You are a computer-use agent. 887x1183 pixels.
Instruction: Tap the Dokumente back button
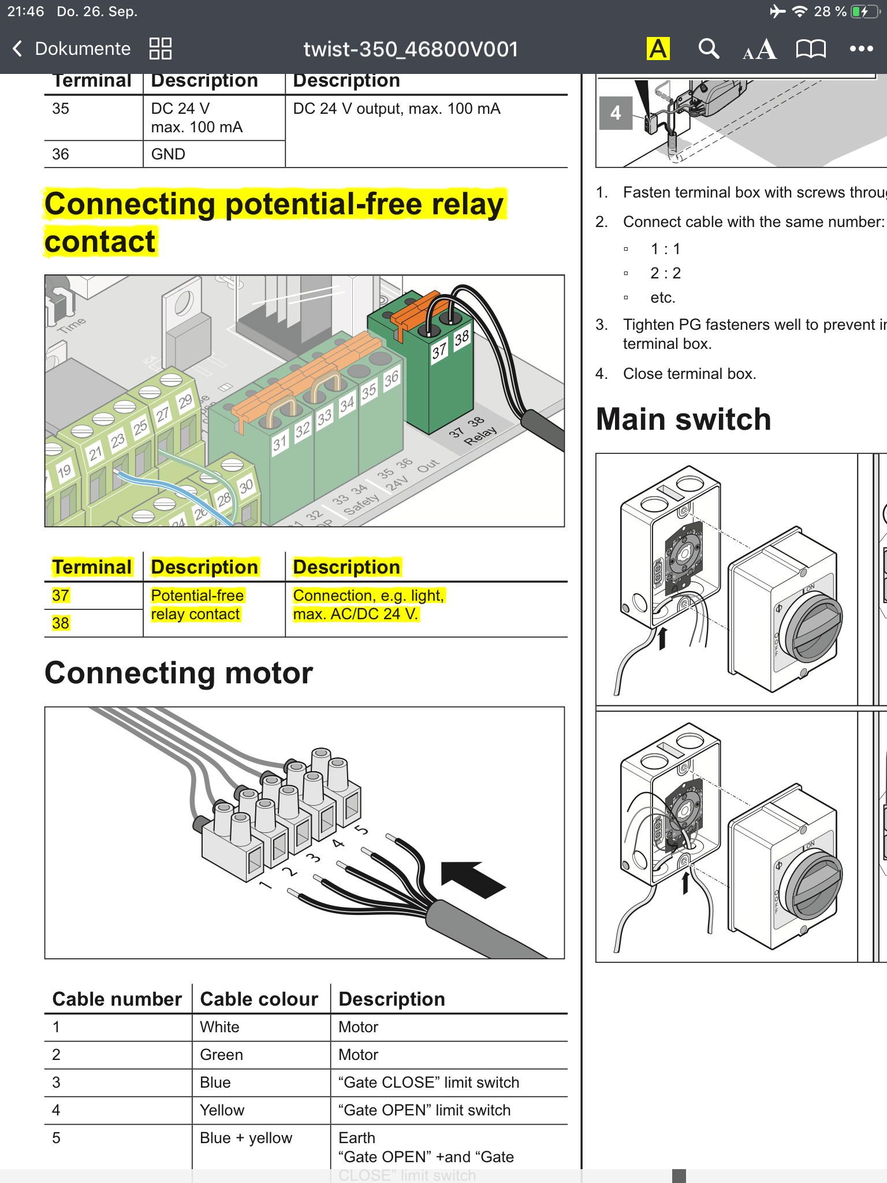point(72,49)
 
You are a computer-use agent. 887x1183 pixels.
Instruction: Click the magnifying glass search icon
point(709,49)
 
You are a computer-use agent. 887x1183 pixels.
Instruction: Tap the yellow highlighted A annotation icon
point(658,49)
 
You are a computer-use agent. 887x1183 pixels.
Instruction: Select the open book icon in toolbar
point(811,49)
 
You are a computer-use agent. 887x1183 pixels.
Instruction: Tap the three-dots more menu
point(861,49)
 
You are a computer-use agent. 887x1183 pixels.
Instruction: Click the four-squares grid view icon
point(160,49)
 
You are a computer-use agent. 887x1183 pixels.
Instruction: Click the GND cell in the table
point(168,154)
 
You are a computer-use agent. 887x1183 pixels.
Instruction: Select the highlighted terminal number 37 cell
point(61,596)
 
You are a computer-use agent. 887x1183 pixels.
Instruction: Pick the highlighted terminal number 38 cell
point(61,623)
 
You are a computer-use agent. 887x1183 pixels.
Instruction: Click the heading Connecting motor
point(178,674)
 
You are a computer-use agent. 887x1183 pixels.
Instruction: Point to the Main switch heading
point(683,419)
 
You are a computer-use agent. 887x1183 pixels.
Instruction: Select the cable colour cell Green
point(221,1055)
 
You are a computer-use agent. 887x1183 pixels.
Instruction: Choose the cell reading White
point(219,1027)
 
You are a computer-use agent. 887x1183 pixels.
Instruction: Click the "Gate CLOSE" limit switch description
point(428,1082)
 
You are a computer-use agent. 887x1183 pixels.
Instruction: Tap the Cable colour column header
point(259,999)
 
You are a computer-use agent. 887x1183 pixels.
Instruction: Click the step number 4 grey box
point(616,113)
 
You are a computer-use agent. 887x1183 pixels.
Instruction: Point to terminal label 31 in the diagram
point(280,443)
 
